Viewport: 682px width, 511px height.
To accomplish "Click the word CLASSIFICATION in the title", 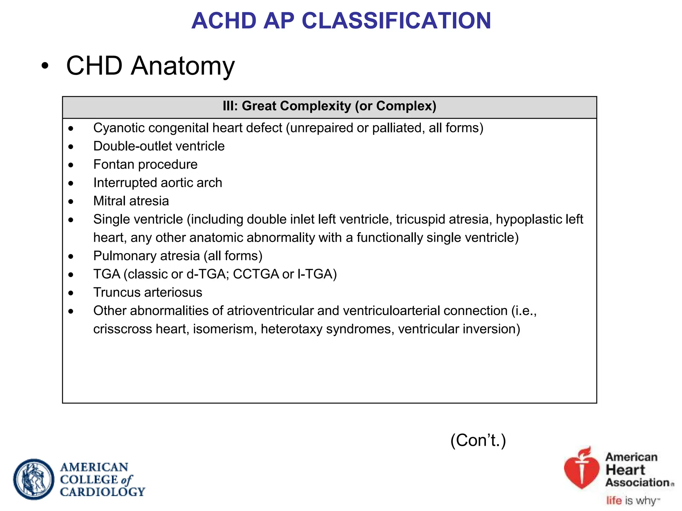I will pos(396,21).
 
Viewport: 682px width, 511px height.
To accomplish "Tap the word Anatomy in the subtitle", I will pos(183,66).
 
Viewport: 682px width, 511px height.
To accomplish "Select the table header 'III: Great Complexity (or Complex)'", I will pos(329,106).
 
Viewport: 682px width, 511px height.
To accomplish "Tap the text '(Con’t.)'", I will pos(478,440).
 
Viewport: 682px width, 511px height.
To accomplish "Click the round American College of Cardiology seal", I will pos(34,479).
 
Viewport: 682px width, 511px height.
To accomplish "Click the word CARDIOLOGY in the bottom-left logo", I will pos(103,492).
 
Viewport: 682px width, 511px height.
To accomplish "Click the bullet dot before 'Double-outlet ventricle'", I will pos(71,147).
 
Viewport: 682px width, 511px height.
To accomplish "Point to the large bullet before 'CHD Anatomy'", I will pos(45,66).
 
